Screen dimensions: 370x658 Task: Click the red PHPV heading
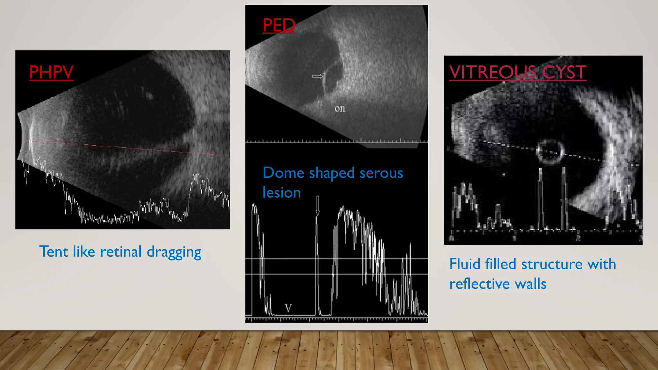click(51, 72)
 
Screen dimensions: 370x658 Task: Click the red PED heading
click(279, 25)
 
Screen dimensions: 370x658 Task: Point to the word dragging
click(174, 252)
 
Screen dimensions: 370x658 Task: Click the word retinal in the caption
click(121, 251)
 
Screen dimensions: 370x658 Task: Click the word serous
click(381, 173)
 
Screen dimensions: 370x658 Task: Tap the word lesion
click(281, 193)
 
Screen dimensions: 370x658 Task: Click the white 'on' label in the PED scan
click(340, 109)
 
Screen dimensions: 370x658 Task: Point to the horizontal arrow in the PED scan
click(317, 76)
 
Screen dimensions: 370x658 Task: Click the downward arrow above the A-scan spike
click(317, 206)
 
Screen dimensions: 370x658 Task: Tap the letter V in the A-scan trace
click(288, 308)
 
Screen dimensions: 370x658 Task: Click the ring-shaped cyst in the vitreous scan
click(550, 151)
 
